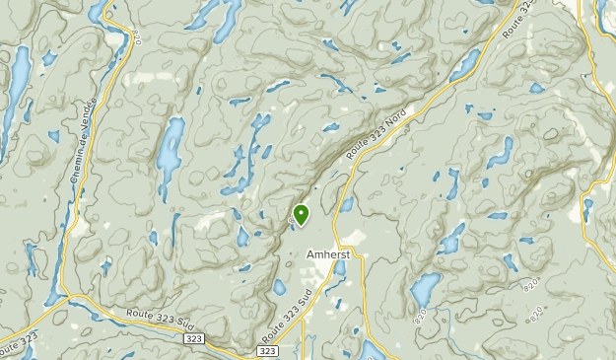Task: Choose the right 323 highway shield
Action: click(x=268, y=351)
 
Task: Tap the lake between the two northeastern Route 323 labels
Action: click(x=465, y=64)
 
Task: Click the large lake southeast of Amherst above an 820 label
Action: click(x=426, y=289)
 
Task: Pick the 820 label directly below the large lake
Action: click(x=426, y=317)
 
